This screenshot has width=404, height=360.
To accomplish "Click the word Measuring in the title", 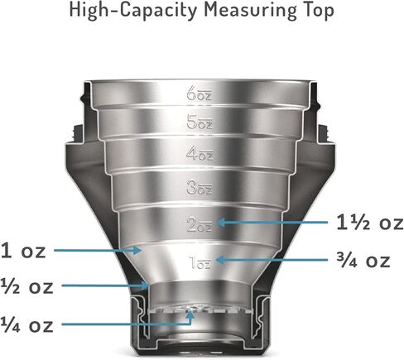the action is [248, 11].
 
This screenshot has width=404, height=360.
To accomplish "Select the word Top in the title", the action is [316, 11].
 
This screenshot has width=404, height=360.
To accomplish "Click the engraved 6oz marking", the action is [199, 93].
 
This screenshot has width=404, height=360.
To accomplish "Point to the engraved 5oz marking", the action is [200, 122].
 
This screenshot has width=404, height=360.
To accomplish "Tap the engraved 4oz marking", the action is [200, 154].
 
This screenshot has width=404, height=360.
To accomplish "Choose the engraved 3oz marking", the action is [200, 187].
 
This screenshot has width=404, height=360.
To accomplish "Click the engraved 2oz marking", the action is [200, 223].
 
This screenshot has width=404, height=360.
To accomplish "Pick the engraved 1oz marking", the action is [200, 262].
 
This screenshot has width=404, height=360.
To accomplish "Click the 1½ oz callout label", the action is [370, 223].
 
